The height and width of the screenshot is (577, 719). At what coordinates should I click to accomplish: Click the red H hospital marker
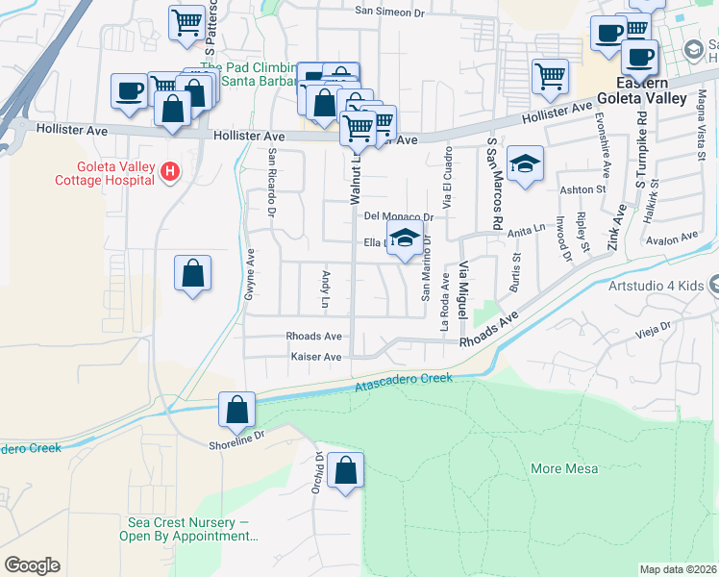[170, 172]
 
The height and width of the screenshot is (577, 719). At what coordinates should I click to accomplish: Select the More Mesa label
[564, 469]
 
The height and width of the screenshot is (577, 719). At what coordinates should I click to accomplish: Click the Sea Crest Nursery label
[186, 529]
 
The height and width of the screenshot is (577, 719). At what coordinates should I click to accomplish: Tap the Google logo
[32, 565]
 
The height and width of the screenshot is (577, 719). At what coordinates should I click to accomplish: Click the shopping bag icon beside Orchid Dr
[346, 471]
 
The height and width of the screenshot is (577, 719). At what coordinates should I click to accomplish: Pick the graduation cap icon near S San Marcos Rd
[526, 164]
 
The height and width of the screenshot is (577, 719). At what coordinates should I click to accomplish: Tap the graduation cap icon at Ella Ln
[405, 238]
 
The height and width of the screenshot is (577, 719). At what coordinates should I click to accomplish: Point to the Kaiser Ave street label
[315, 357]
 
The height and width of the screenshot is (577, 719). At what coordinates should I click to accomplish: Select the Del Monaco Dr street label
[399, 217]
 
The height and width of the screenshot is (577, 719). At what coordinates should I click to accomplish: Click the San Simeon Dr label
[389, 12]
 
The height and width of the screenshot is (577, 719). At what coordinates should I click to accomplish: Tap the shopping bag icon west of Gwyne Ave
[193, 274]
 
